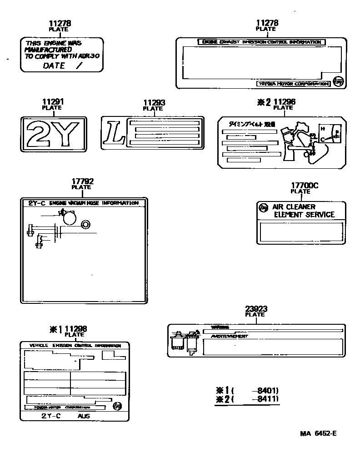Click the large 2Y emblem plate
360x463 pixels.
[53, 134]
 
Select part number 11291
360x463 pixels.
[53, 102]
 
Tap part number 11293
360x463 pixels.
[154, 103]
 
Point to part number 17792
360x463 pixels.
[82, 181]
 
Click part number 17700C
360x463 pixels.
[304, 186]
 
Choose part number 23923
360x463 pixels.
[256, 309]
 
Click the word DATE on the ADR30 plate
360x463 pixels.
[54, 65]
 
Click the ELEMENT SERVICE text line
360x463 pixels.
[304, 215]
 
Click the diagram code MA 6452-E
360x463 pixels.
[318, 433]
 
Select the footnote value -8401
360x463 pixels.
[267, 390]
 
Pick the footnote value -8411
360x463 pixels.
[267, 399]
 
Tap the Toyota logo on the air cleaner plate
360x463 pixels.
[263, 208]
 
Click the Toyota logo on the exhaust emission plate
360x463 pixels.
[338, 81]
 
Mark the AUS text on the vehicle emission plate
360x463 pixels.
[84, 416]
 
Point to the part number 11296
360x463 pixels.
[284, 102]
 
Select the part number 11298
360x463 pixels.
[75, 329]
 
